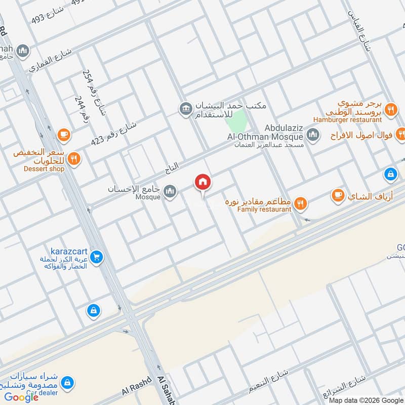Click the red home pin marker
pos(203,182)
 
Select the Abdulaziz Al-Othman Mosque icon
pos(312,135)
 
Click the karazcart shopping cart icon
pos(97,258)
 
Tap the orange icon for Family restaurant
pos(301,204)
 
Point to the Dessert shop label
pos(44,169)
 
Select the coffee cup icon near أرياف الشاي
pos(338,195)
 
